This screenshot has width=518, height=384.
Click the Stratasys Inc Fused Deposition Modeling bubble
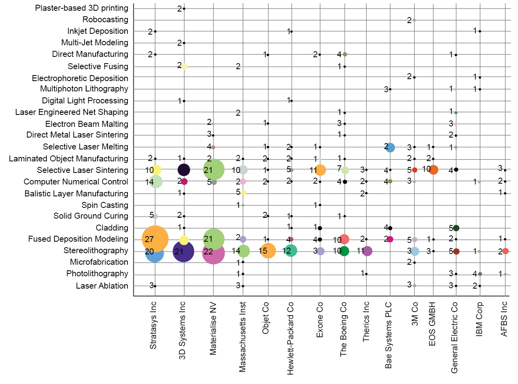[155, 239]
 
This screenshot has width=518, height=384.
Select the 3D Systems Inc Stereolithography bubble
[183, 251]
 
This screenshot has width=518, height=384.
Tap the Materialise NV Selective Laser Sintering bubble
[214, 170]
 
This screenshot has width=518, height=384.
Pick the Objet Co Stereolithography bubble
[268, 251]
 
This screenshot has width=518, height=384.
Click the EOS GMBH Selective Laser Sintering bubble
[433, 170]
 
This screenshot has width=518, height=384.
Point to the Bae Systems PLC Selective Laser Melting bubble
[390, 147]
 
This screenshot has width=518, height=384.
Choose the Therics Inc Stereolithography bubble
[367, 251]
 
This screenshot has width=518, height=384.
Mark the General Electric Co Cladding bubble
[456, 228]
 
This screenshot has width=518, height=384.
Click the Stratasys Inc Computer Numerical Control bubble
[156, 182]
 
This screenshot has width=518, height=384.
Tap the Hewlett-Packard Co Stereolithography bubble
[291, 251]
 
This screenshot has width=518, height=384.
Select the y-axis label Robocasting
[105, 19]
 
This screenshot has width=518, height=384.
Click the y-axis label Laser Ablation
[102, 286]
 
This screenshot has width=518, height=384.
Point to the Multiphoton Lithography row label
[84, 89]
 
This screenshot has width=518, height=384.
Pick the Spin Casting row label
[105, 205]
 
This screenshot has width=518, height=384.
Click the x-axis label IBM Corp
[479, 319]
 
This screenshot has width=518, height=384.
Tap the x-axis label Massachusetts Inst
[243, 337]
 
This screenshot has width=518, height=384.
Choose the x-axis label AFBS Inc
[504, 319]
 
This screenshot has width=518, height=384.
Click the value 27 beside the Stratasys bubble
[149, 239]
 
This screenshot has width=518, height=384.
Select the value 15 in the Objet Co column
[263, 251]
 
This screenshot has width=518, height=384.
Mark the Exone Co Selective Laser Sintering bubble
[320, 170]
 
